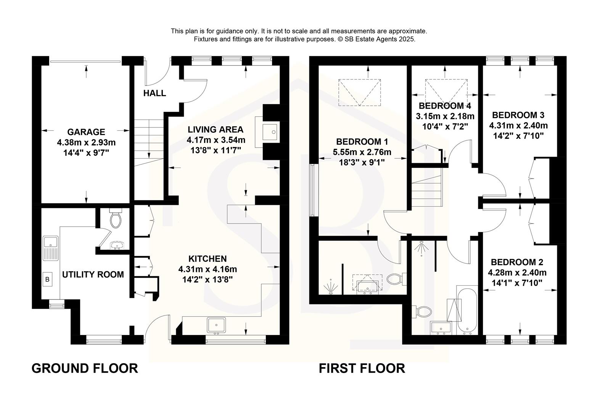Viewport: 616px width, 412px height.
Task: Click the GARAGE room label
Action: [86, 132]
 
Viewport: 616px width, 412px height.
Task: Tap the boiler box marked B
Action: [48, 280]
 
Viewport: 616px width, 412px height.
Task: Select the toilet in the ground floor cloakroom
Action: [115, 219]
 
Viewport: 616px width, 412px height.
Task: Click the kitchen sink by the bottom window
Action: [217, 325]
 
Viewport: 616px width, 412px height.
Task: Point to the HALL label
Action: [154, 93]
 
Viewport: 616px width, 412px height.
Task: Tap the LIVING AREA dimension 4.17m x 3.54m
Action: [216, 140]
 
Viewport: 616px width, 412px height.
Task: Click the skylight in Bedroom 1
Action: [360, 92]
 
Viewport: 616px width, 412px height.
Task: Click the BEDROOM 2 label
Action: [517, 262]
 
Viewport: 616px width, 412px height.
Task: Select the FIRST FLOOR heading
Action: [362, 369]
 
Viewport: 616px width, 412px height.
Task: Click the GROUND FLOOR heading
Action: [84, 369]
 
